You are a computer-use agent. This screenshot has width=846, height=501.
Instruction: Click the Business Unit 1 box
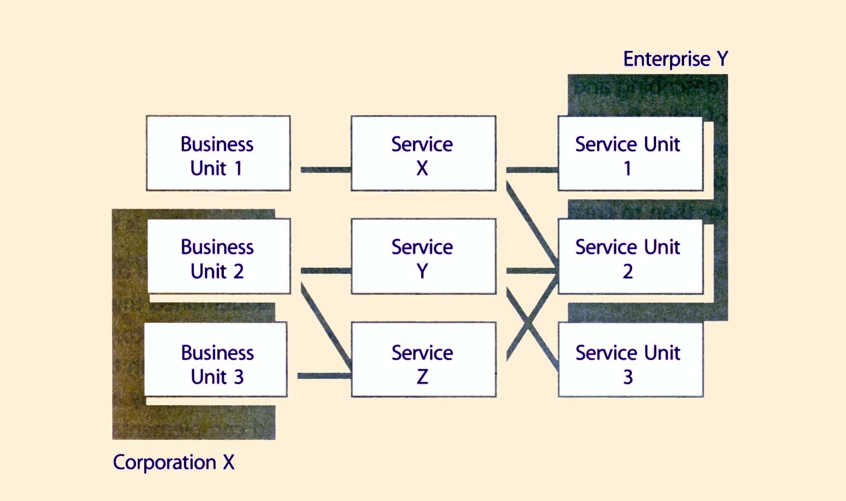pyautogui.click(x=218, y=153)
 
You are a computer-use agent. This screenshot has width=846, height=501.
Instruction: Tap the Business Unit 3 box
pyautogui.click(x=216, y=360)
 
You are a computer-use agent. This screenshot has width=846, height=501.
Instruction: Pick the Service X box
pyautogui.click(x=423, y=153)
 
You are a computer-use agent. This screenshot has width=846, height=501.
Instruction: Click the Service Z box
pyautogui.click(x=423, y=360)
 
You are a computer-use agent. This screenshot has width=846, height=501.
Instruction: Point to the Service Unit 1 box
pyautogui.click(x=630, y=153)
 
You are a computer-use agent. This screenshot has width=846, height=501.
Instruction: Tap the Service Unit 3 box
pyautogui.click(x=630, y=360)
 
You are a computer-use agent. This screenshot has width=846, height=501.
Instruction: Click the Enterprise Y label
pyautogui.click(x=675, y=59)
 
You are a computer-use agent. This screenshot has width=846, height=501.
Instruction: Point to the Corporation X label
pyautogui.click(x=174, y=462)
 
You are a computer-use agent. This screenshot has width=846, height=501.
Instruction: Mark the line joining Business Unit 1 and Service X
pyautogui.click(x=325, y=170)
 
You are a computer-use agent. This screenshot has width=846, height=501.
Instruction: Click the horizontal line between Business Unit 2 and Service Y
pyautogui.click(x=325, y=271)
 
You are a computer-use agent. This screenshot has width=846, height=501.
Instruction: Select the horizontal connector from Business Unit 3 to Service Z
pyautogui.click(x=324, y=376)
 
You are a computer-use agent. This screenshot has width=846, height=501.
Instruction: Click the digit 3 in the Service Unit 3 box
pyautogui.click(x=627, y=377)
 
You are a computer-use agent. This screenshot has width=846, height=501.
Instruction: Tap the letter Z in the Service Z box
pyautogui.click(x=422, y=377)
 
